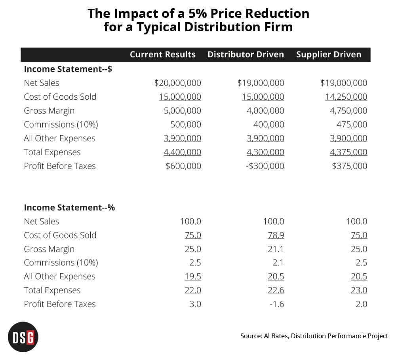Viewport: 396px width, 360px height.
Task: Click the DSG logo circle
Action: pos(23,337)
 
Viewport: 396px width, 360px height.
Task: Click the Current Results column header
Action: pos(163,55)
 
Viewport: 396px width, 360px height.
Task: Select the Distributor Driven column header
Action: pos(246,55)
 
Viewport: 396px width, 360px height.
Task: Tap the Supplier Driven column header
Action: pos(329,55)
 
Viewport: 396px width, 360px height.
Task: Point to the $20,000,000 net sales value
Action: pos(177,83)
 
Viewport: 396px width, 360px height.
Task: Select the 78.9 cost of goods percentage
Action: pos(276,235)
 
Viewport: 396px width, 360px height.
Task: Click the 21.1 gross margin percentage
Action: pos(276,249)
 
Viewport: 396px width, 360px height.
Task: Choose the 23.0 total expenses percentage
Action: pos(359,290)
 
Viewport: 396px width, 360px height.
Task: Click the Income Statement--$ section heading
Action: pos(68,69)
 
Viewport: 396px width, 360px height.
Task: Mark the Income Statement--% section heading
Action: pos(69,208)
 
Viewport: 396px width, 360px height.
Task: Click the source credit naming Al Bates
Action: pos(314,336)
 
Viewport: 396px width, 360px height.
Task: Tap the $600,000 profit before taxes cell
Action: pos(183,166)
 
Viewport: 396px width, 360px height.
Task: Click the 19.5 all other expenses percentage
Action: pos(193,277)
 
